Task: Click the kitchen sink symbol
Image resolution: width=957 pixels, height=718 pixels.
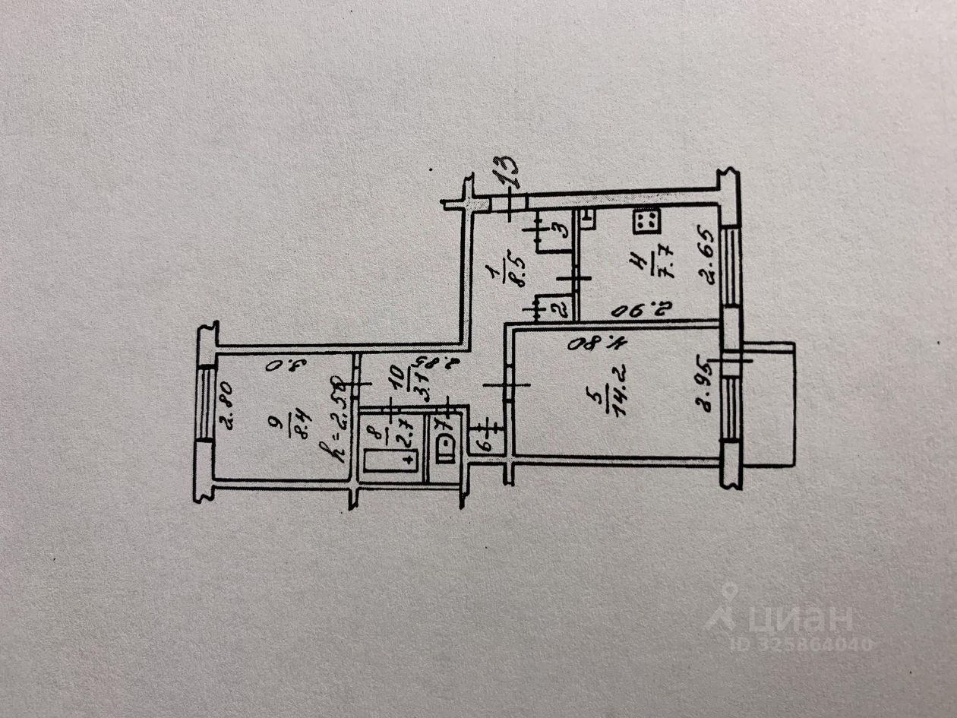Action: click(589, 220)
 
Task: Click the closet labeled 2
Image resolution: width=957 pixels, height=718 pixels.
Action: click(556, 308)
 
